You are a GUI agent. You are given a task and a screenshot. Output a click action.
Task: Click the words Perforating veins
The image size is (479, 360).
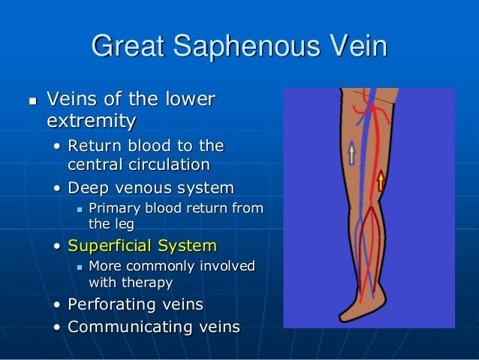tap(135, 305)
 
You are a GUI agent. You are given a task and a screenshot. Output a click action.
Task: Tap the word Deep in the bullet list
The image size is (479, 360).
tap(86, 187)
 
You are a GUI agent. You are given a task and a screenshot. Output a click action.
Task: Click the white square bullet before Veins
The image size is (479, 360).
tap(31, 100)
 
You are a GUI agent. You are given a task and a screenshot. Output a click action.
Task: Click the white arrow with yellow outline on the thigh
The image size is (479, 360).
tap(351, 153)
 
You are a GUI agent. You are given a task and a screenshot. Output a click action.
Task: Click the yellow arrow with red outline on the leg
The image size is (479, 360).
tap(381, 180)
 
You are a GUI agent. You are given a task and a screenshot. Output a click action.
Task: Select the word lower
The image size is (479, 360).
tap(189, 99)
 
